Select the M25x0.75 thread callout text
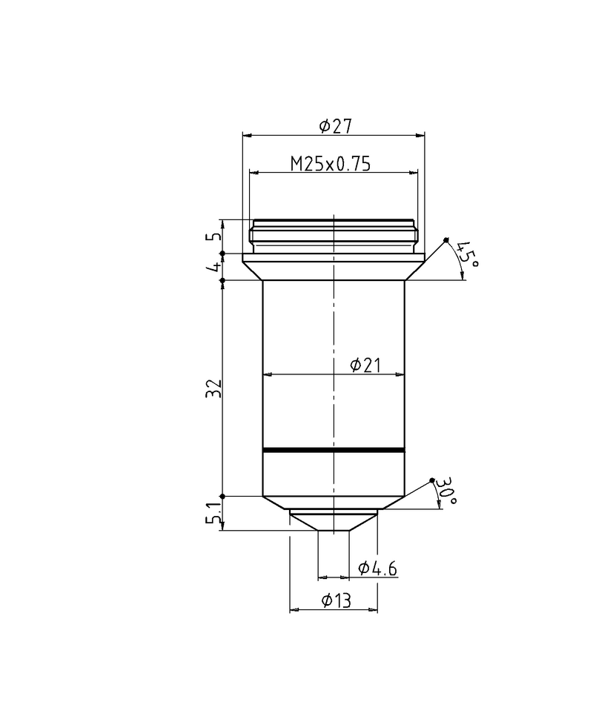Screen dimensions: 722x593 pyautogui.click(x=330, y=164)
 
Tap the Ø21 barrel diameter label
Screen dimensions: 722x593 pyautogui.click(x=365, y=365)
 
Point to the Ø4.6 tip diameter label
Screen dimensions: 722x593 pyautogui.click(x=377, y=569)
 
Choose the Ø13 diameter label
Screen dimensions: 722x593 pyautogui.click(x=337, y=601)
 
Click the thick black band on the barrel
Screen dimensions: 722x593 pyautogui.click(x=334, y=450)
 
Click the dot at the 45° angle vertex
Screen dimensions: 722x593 pyautogui.click(x=446, y=239)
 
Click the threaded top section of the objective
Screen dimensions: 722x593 pyautogui.click(x=334, y=236)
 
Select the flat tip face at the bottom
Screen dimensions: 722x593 pyautogui.click(x=334, y=530)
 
